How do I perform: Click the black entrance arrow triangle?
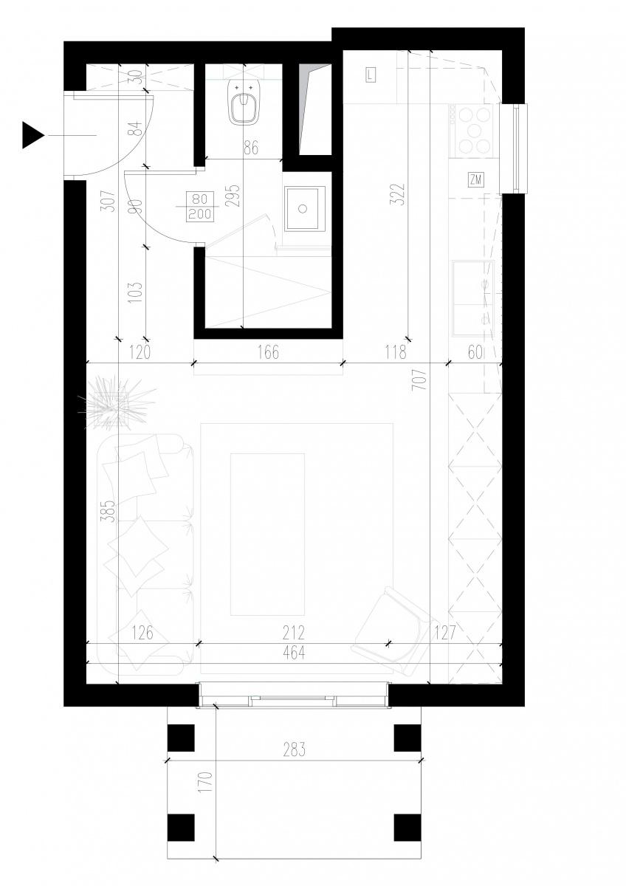click(31, 135)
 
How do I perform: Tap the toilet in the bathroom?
click(243, 102)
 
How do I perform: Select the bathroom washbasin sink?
click(303, 208)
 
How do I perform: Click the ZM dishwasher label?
click(476, 180)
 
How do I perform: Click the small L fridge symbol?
click(371, 75)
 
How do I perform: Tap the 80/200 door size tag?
click(200, 207)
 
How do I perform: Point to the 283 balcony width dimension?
click(295, 749)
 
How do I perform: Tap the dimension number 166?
click(268, 352)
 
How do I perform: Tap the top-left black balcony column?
click(181, 738)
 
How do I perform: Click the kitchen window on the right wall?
click(513, 148)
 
